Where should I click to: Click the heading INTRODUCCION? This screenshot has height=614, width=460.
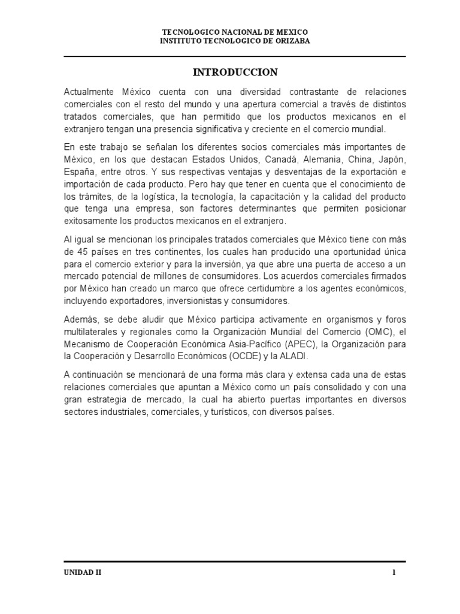(235, 73)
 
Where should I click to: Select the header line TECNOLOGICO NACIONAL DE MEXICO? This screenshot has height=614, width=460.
(235, 31)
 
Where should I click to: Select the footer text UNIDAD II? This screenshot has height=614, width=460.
(83, 573)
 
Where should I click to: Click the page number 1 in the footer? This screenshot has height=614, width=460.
(394, 573)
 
